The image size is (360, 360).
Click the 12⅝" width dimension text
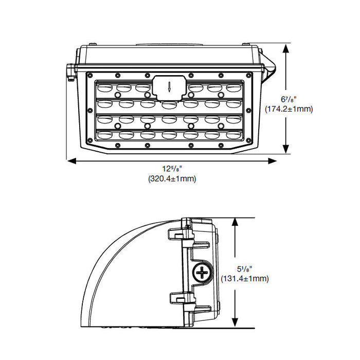pyautogui.click(x=172, y=169)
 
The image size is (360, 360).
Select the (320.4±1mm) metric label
pyautogui.click(x=172, y=179)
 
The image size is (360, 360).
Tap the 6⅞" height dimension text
pyautogui.click(x=289, y=99)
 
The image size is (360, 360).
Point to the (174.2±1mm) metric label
pyautogui.click(x=289, y=109)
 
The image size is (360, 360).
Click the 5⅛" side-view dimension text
pyautogui.click(x=245, y=268)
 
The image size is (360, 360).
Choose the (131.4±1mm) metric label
pyautogui.click(x=245, y=279)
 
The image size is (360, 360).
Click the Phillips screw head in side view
pyautogui.click(x=204, y=272)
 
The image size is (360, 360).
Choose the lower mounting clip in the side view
pyautogui.click(x=178, y=297)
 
